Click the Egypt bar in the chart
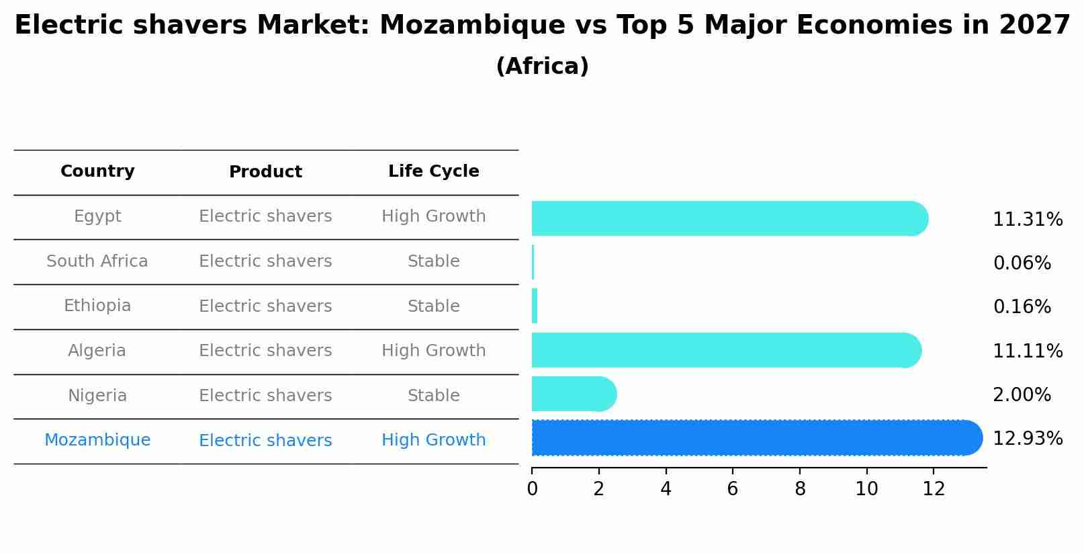[x=729, y=218]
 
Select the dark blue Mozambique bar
[x=756, y=437]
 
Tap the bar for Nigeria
[x=574, y=394]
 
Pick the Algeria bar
[x=726, y=350]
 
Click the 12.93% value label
[x=1028, y=439]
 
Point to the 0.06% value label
[x=1022, y=263]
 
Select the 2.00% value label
[x=1022, y=395]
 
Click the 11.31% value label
[x=1028, y=220]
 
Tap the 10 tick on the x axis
[x=866, y=489]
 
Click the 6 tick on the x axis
[x=732, y=489]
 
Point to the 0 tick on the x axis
[x=532, y=489]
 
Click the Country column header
[x=97, y=171]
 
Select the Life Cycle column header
[x=433, y=171]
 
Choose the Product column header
[x=265, y=172]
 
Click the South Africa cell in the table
[x=97, y=261]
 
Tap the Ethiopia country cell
[x=97, y=306]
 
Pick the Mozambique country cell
[x=97, y=440]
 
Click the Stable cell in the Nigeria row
[x=433, y=396]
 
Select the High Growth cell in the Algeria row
[x=433, y=351]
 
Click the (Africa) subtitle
[x=542, y=67]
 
